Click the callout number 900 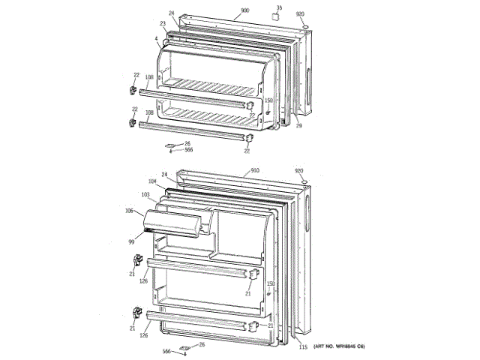[x=244, y=11]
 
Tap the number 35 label [x=279, y=8]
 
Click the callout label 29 [x=298, y=127]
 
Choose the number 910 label [x=254, y=171]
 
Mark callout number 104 [x=152, y=182]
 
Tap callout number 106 [x=129, y=211]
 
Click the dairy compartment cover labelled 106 [x=172, y=223]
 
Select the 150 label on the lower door [x=271, y=283]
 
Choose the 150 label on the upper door [x=268, y=100]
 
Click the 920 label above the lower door [x=299, y=171]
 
